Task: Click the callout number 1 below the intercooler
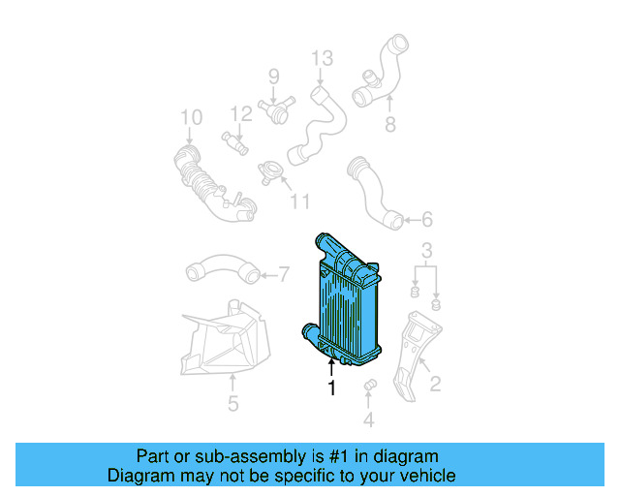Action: click(331, 388)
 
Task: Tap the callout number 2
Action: click(435, 385)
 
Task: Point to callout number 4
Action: click(368, 419)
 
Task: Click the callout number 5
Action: click(232, 403)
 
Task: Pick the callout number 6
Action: click(426, 220)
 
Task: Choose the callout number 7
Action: click(284, 273)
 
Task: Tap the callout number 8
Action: click(390, 125)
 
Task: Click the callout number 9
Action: click(273, 76)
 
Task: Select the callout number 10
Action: click(191, 118)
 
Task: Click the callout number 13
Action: click(321, 60)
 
